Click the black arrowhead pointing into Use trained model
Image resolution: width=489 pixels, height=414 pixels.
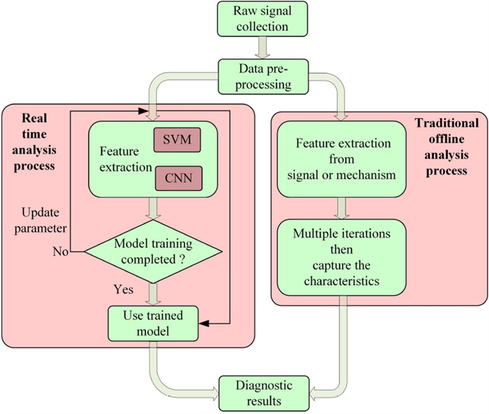207,323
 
